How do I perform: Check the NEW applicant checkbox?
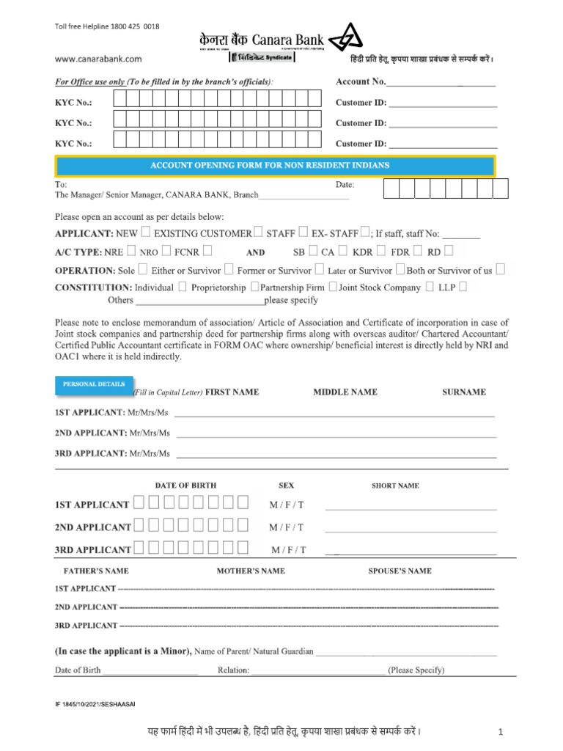point(145,233)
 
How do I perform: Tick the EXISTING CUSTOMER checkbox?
point(258,233)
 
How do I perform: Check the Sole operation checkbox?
point(142,270)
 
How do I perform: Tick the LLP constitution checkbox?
point(463,287)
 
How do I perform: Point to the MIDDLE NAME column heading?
point(345,392)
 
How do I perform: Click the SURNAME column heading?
point(463,392)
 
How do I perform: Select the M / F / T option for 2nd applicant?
point(286,527)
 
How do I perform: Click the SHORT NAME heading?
point(395,486)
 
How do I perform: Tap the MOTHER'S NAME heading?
point(251,571)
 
